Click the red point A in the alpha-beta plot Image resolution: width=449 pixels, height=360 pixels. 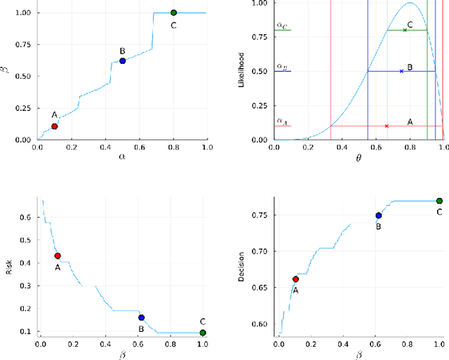(x=54, y=126)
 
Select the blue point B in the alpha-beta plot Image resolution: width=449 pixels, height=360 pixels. (x=122, y=61)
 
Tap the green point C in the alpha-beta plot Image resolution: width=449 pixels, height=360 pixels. (x=173, y=13)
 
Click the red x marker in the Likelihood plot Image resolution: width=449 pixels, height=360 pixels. (x=387, y=126)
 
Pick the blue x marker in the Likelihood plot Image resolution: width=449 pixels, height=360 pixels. (x=401, y=71)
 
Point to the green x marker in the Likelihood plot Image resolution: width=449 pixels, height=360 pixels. (x=405, y=30)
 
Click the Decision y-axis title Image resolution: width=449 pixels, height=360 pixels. (x=245, y=267)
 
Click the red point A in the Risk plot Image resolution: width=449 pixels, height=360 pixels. (x=58, y=256)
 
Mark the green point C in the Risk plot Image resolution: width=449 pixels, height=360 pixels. (x=203, y=333)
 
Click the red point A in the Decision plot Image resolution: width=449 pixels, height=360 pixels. (x=295, y=279)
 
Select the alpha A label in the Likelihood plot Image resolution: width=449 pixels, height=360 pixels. (x=281, y=121)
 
